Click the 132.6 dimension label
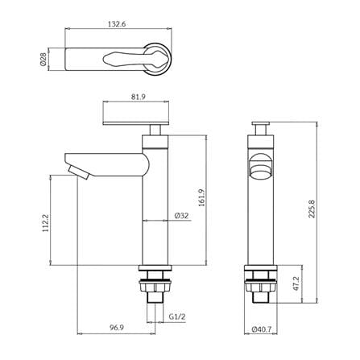click(117, 24)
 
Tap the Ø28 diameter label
click(43, 60)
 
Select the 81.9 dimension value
click(139, 97)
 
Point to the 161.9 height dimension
click(201, 197)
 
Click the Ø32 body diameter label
click(181, 216)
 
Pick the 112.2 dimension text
click(46, 223)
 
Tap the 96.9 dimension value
click(116, 328)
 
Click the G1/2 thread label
click(177, 317)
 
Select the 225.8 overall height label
click(312, 209)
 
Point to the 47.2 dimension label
click(296, 283)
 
